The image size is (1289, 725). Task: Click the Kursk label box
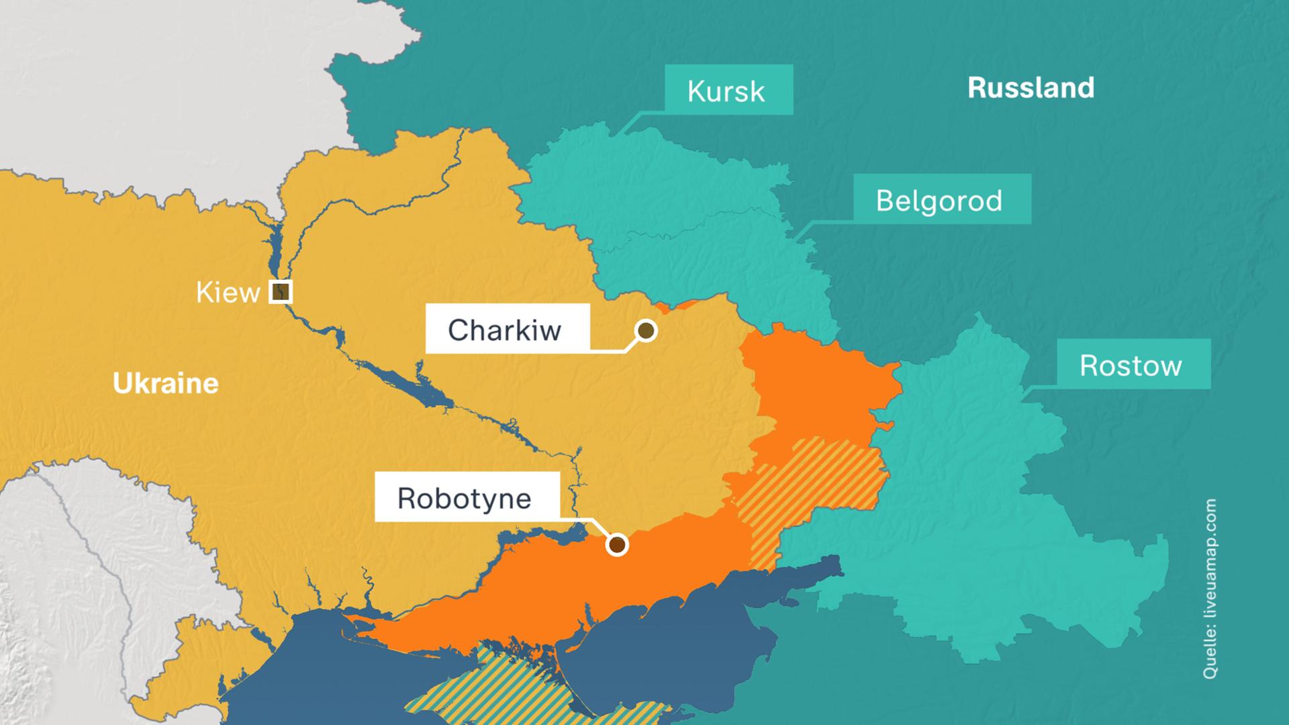pos(728,90)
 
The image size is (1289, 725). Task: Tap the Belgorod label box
pos(942,199)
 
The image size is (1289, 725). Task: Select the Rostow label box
pos(1133,364)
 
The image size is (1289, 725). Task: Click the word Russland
pos(1031,88)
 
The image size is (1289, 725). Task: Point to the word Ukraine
pos(165,383)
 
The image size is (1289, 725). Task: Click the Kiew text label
pos(228,293)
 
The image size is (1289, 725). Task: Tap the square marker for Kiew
pos(281,291)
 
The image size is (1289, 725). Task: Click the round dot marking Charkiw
pos(646,330)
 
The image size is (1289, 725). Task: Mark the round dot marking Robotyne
pos(617,544)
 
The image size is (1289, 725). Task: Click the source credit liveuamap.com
pos(1210,588)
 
